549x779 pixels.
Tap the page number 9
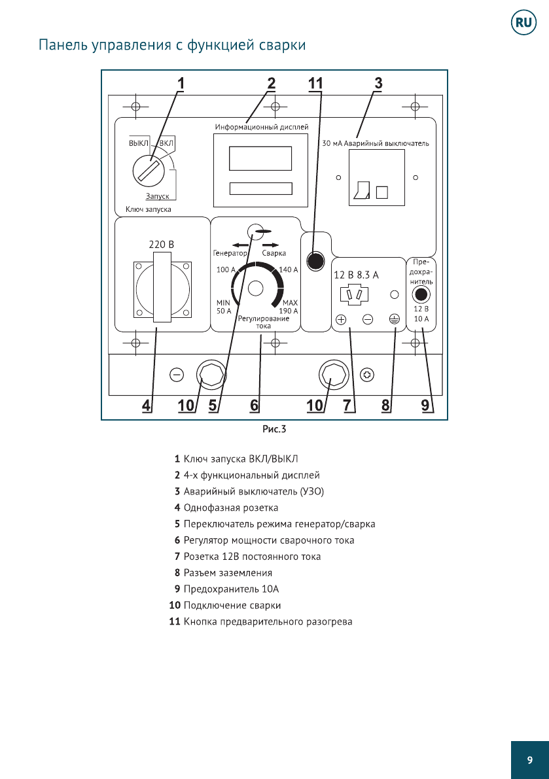(529, 760)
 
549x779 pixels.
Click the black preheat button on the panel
(315, 261)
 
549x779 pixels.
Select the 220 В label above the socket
(162, 244)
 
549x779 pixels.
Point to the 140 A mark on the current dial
(288, 269)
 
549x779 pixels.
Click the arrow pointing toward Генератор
(229, 245)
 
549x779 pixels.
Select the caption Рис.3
(274, 430)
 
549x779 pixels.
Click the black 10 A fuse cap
(422, 294)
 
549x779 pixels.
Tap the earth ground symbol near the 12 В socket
(394, 320)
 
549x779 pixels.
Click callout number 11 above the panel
(316, 84)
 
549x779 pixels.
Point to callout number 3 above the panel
(378, 84)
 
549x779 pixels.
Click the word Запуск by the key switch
(157, 196)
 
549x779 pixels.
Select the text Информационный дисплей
(261, 126)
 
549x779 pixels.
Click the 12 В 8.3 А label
(357, 275)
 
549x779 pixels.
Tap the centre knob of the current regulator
(256, 288)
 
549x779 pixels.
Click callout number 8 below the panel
(386, 406)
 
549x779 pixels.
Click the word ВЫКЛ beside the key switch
(139, 143)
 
